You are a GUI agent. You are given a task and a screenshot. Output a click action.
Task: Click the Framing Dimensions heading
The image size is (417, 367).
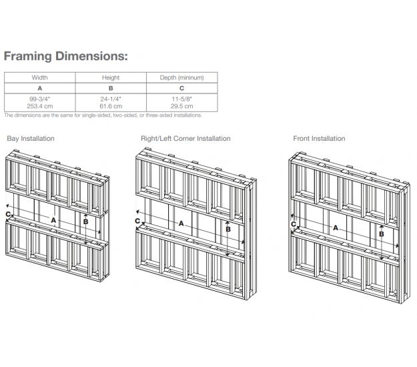(65, 56)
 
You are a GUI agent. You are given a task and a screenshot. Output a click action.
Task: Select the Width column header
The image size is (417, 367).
(39, 77)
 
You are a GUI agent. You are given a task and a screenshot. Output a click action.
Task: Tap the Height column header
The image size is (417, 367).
(111, 77)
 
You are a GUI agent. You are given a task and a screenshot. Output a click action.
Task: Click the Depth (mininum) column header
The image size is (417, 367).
(181, 77)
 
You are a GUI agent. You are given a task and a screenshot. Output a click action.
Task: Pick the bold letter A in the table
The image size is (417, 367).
(39, 88)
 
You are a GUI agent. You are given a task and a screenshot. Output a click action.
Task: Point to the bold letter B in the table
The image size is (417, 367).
(111, 88)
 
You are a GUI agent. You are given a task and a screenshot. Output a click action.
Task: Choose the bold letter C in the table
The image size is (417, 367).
(181, 88)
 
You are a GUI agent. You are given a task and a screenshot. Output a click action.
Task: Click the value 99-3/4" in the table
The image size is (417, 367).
(39, 99)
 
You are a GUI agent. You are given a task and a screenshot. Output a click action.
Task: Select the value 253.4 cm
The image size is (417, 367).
(39, 106)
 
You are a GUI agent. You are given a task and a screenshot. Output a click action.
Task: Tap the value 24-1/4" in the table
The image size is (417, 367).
(111, 99)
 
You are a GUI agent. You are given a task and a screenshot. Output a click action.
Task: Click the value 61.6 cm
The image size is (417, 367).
(111, 106)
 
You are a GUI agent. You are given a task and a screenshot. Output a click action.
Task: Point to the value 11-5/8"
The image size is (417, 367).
(181, 99)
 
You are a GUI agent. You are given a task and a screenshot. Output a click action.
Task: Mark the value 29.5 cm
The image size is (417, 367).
(181, 106)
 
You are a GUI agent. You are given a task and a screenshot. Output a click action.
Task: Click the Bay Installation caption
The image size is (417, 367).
(31, 139)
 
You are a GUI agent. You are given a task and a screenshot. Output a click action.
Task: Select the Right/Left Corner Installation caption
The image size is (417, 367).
(185, 139)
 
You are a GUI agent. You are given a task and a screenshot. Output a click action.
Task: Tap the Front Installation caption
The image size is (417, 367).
(319, 139)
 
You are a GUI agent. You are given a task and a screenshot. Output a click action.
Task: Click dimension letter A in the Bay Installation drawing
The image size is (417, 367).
(53, 220)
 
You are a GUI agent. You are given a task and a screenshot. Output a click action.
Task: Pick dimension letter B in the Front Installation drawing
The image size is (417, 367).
(382, 234)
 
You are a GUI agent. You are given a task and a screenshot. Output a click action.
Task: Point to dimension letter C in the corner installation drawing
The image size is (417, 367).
(137, 221)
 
